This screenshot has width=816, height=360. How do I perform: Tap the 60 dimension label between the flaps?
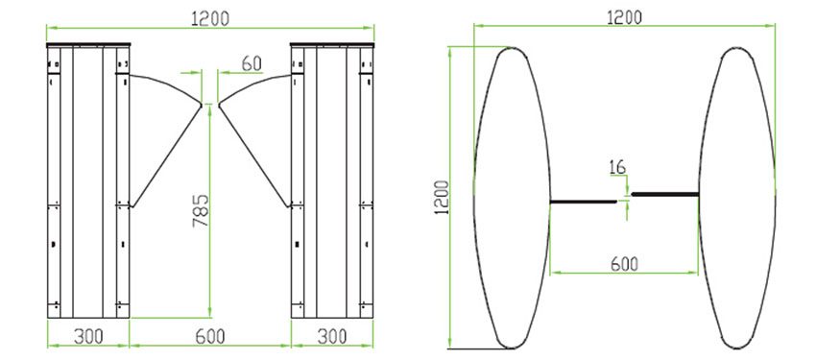[x=252, y=63]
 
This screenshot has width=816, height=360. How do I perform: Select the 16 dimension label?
[x=616, y=167]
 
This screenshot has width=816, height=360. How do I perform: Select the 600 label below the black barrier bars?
[x=624, y=263]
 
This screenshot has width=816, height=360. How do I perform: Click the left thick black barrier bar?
[x=583, y=202]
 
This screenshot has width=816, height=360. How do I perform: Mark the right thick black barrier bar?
[x=664, y=195]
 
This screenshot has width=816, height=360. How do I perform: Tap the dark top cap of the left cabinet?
[x=88, y=44]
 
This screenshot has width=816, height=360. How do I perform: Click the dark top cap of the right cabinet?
[x=331, y=44]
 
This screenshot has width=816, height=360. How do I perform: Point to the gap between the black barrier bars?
[x=624, y=198]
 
